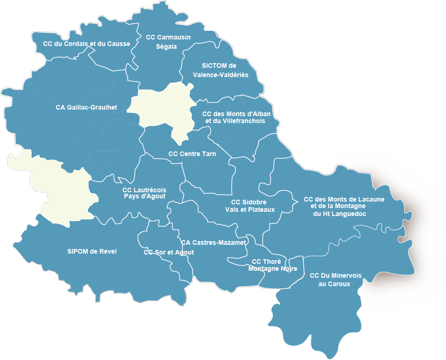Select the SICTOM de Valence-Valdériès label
(x=220, y=70)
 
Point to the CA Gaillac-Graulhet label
(x=86, y=107)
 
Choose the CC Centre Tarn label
(x=192, y=154)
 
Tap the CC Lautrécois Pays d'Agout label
(x=144, y=193)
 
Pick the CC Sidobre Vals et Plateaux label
(x=250, y=205)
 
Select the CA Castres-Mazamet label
(x=213, y=242)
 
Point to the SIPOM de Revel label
(x=92, y=251)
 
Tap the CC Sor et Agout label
(x=169, y=252)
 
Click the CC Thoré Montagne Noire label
(x=272, y=265)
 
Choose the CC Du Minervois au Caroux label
(x=335, y=279)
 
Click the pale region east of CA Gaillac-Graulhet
(x=162, y=109)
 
